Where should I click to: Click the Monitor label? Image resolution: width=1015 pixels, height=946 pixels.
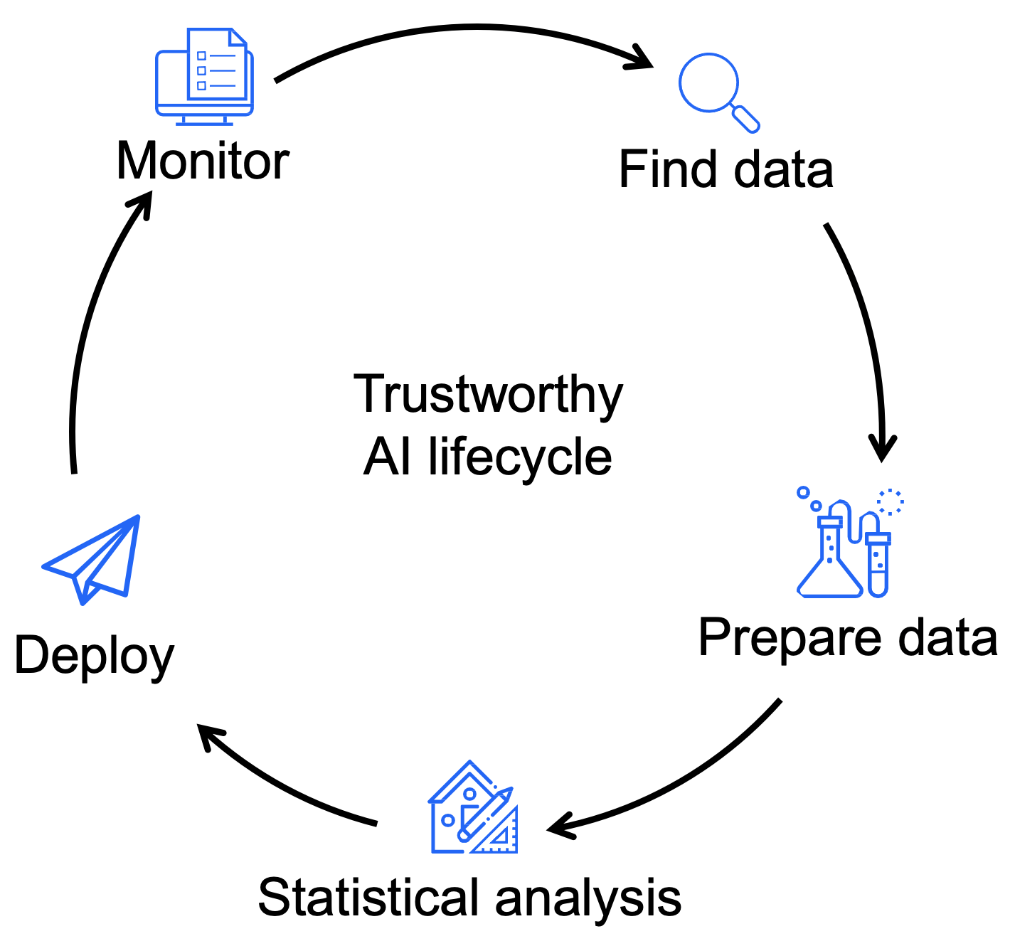[203, 161]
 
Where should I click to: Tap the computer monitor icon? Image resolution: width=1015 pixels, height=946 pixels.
[204, 77]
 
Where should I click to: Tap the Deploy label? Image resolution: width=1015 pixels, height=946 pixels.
[94, 656]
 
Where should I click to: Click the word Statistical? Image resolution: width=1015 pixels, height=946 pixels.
[368, 898]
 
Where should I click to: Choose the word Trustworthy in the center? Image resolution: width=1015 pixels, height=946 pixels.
[488, 394]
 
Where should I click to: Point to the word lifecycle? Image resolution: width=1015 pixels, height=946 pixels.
[520, 457]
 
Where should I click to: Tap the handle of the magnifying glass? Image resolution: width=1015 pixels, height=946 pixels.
[745, 118]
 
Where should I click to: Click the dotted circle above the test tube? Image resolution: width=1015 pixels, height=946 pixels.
[890, 502]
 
